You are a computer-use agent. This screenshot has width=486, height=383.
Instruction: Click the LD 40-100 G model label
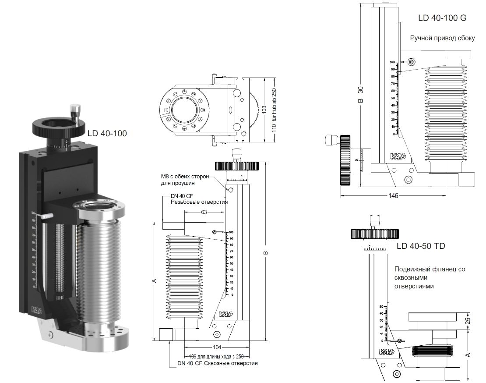coord(442,18)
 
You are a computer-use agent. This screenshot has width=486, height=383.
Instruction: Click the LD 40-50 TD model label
coord(421,246)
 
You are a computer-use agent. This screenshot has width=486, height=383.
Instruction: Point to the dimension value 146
coord(393,195)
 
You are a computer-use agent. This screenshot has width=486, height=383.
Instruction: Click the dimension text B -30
coord(360,94)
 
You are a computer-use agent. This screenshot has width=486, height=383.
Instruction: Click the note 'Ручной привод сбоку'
coord(442,38)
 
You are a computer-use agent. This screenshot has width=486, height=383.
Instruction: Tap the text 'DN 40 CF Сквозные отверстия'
coord(218,363)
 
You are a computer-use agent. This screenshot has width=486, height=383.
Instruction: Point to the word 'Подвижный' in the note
coord(410,270)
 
